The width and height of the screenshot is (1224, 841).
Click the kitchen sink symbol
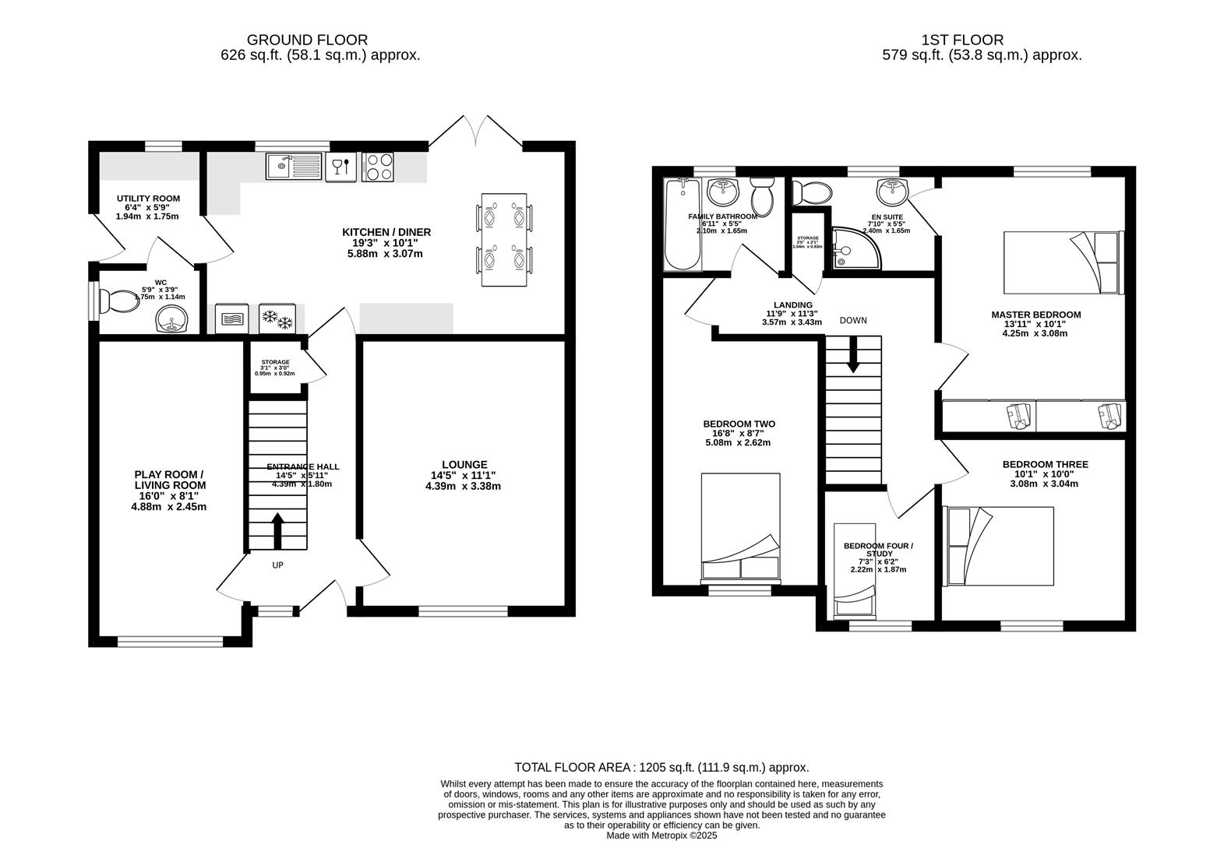(293, 167)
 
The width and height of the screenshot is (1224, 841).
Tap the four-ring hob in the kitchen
(378, 167)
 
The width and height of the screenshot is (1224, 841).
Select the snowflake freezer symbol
(277, 318)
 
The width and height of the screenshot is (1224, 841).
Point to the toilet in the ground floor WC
(121, 301)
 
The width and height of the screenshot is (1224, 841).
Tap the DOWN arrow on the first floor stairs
(853, 354)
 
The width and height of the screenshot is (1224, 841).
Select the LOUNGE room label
(464, 465)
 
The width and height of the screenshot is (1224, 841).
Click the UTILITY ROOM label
(148, 199)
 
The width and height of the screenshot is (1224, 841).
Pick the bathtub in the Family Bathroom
(683, 226)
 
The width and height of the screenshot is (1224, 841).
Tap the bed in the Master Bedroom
(1064, 262)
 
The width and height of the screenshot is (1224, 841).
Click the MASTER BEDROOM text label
(1035, 315)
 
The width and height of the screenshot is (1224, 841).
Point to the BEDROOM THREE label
(1045, 464)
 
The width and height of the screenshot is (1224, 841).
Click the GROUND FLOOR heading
(307, 39)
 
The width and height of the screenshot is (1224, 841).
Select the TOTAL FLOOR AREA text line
(661, 767)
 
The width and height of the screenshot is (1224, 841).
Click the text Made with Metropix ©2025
(661, 835)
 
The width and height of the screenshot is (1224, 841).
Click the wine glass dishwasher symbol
(340, 167)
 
